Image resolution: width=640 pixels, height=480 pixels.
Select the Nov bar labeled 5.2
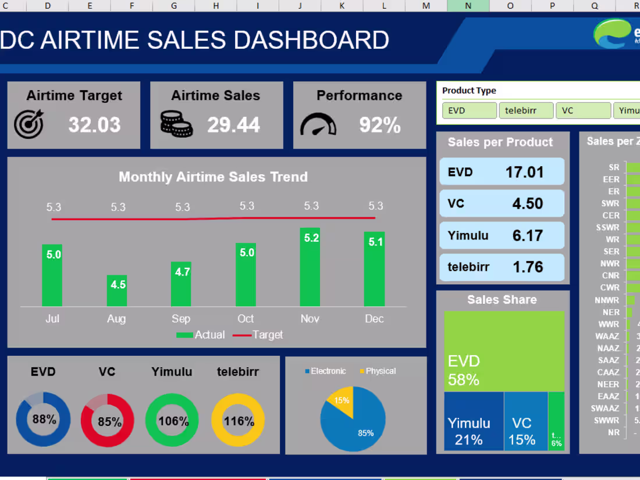pyautogui.click(x=310, y=267)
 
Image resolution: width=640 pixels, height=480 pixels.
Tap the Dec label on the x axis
pyautogui.click(x=374, y=318)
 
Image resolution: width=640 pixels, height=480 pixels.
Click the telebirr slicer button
pyautogui.click(x=525, y=110)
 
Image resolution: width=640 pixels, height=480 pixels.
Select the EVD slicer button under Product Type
pyautogui.click(x=469, y=110)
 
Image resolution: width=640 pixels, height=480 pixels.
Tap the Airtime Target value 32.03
pyautogui.click(x=94, y=125)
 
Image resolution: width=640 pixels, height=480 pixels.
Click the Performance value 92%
pyautogui.click(x=379, y=125)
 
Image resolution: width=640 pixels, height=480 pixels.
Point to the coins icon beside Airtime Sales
pyautogui.click(x=176, y=124)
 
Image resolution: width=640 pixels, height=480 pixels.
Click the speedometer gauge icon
pyautogui.click(x=318, y=124)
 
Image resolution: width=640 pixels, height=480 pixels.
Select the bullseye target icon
pyautogui.click(x=29, y=124)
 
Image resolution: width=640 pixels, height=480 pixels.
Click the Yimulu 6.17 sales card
pyautogui.click(x=502, y=235)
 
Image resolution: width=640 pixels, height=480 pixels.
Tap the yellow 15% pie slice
pyautogui.click(x=341, y=399)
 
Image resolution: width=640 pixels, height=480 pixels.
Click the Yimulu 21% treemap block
pyautogui.click(x=474, y=421)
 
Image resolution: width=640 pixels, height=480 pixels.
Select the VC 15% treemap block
pyautogui.click(x=525, y=421)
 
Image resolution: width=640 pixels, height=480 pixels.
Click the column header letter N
pyautogui.click(x=468, y=6)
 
